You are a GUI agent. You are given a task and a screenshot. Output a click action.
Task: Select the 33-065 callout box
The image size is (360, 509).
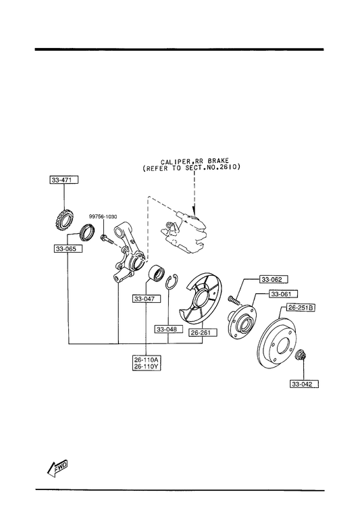coord(68,249)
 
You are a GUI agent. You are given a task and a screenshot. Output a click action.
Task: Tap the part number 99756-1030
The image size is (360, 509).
coord(103,216)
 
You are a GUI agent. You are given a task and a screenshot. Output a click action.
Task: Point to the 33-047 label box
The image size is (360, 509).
coord(146,298)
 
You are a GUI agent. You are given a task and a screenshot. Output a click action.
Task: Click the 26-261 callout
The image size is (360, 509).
coord(203,333)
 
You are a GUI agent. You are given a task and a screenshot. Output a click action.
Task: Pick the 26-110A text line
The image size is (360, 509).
coord(147,360)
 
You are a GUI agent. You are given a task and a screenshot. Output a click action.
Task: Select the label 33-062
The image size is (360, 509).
coord(273,279)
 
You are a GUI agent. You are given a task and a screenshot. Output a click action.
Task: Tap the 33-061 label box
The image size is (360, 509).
coord(283,294)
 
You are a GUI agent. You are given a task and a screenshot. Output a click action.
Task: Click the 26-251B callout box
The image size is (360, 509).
coord(301,308)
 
